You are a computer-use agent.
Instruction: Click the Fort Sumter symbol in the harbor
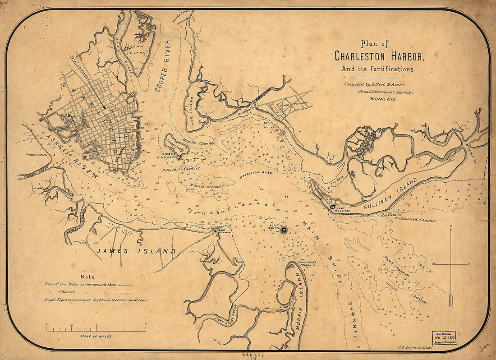pos(284,230)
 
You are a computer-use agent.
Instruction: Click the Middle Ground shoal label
pos(205,185)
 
